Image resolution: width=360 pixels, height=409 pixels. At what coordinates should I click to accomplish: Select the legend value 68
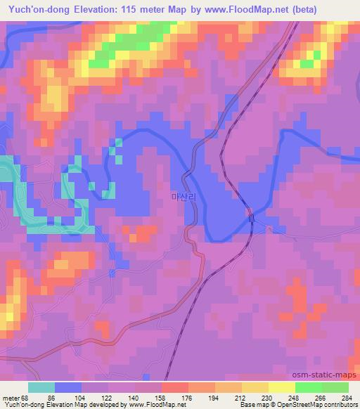(x=27, y=398)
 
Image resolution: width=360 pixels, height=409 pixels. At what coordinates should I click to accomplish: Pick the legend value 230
(x=265, y=398)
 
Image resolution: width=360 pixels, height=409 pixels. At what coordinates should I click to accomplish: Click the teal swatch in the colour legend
(x=41, y=387)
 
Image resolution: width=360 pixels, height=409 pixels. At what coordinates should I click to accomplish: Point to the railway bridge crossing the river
(x=251, y=219)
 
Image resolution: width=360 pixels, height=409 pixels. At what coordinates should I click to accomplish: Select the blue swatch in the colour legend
(x=68, y=387)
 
